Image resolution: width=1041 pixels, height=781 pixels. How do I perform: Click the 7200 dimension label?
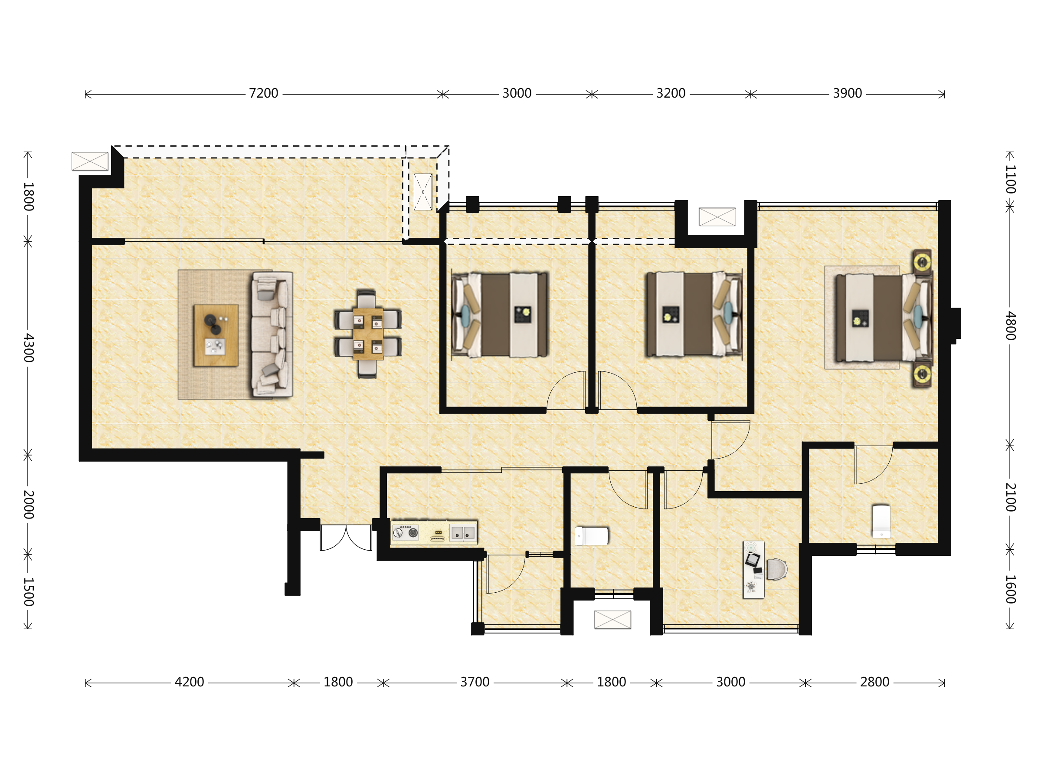coord(264,93)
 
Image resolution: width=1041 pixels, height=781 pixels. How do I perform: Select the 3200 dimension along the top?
coord(671,93)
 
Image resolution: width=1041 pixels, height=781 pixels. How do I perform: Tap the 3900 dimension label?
coord(847,93)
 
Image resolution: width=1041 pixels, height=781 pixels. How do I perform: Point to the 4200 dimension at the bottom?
coord(189,682)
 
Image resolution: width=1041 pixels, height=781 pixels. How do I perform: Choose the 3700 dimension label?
coord(475,682)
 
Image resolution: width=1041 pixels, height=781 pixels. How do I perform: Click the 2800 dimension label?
coord(874,682)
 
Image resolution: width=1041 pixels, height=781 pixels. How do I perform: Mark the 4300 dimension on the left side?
coord(29,348)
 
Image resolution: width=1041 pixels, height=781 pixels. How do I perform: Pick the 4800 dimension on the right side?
coord(1010,325)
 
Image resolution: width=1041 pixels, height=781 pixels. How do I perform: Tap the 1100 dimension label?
coord(1010,179)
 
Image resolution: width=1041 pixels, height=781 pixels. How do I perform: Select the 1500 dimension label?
coord(29,592)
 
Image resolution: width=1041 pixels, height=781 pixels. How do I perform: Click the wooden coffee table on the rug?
coord(216,335)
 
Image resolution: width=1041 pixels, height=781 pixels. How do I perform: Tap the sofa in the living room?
coord(272,335)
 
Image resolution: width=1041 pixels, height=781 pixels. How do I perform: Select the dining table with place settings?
coord(367,334)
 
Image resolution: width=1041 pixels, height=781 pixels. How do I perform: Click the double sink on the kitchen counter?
coord(463,533)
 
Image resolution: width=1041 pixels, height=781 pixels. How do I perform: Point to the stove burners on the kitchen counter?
coord(405,532)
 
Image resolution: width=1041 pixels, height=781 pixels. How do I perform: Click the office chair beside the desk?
coord(776,569)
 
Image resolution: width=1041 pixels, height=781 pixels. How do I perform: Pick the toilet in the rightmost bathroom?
coord(881,522)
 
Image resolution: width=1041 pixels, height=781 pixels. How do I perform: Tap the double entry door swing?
coord(346,538)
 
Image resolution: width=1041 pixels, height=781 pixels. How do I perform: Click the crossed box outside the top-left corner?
coord(90,161)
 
